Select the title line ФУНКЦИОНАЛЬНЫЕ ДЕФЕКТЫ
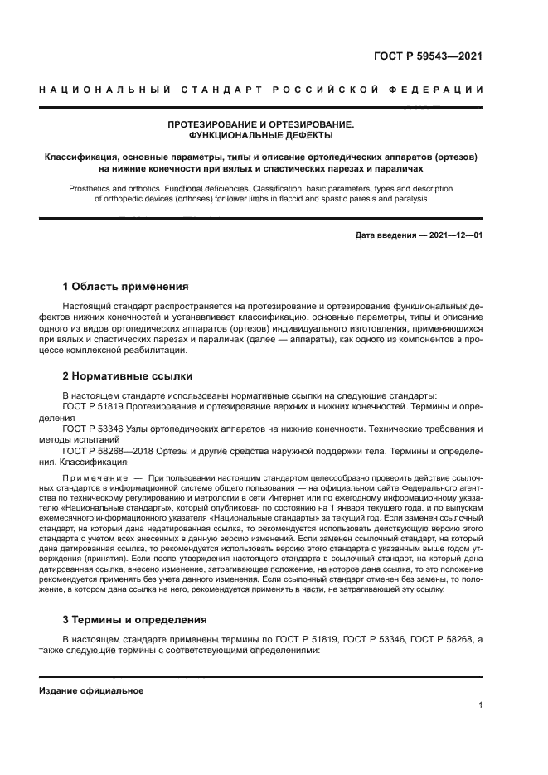click(261, 134)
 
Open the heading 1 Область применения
click(125, 287)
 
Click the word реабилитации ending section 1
click(150, 351)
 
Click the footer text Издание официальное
click(91, 690)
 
